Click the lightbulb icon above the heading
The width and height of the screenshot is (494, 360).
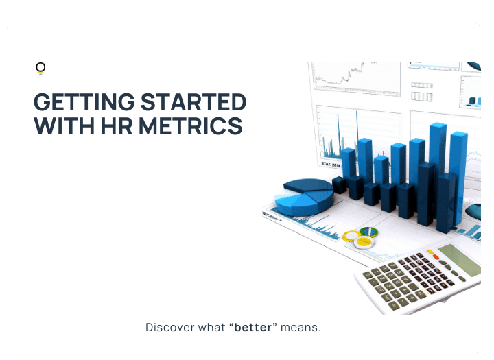(x=40, y=68)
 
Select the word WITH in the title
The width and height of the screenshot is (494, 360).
(x=59, y=126)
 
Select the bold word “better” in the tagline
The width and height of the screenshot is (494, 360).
(x=253, y=327)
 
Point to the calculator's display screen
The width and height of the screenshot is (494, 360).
(x=458, y=258)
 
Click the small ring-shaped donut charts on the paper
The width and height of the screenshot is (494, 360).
(x=360, y=237)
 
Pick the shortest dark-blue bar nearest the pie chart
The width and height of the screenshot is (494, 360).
(x=339, y=184)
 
